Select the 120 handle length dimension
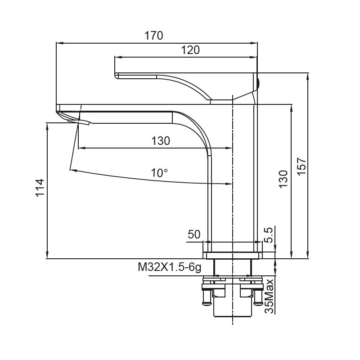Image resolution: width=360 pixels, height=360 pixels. pyautogui.click(x=190, y=50)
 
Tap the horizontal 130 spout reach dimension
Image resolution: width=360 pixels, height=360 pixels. pyautogui.click(x=161, y=141)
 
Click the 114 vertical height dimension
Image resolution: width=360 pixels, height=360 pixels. pyautogui.click(x=39, y=188)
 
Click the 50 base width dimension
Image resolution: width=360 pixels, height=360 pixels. pyautogui.click(x=194, y=234)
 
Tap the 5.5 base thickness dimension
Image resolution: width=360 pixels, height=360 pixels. pyautogui.click(x=268, y=235)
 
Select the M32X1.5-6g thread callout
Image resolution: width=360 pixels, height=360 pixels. pyautogui.click(x=169, y=267)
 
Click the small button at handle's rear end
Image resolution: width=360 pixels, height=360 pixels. pyautogui.click(x=258, y=82)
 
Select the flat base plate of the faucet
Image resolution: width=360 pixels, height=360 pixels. pyautogui.click(x=232, y=256)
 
